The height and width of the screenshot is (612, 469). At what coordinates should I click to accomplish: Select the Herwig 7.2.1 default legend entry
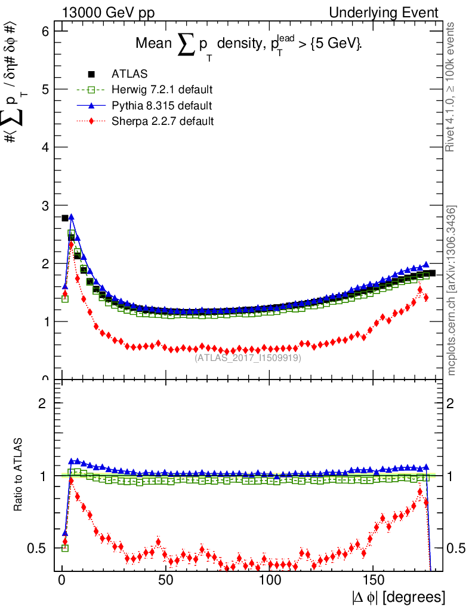click(162, 90)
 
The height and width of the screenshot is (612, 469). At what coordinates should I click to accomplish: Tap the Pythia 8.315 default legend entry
click(161, 106)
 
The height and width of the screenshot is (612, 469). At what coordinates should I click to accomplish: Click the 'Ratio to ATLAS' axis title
click(18, 475)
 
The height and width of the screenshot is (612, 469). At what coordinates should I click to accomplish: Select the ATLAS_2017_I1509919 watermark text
click(248, 358)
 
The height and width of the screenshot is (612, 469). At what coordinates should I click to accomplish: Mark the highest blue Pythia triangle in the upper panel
click(71, 217)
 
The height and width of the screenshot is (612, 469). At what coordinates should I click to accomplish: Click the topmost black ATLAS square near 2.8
click(65, 218)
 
